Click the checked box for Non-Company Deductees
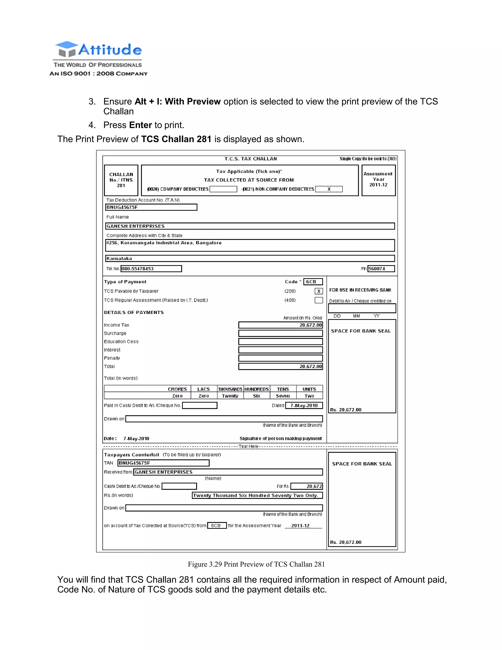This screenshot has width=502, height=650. pyautogui.click(x=329, y=189)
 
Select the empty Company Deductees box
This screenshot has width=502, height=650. pyautogui.click(x=223, y=189)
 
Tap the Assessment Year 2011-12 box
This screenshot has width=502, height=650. pyautogui.click(x=378, y=180)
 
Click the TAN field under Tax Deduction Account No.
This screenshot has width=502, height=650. pyautogui.click(x=151, y=207)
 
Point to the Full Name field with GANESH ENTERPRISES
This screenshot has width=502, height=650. pyautogui.click(x=250, y=226)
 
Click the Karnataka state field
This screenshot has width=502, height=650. pyautogui.click(x=250, y=258)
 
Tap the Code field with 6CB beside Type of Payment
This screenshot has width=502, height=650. pyautogui.click(x=313, y=282)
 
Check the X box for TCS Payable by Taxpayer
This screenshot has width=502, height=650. pyautogui.click(x=318, y=291)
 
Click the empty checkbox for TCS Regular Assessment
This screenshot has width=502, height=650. pyautogui.click(x=318, y=300)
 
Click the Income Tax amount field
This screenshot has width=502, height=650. pyautogui.click(x=280, y=325)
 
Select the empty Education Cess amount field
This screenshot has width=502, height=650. pyautogui.click(x=280, y=342)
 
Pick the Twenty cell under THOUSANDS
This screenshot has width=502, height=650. pyautogui.click(x=230, y=396)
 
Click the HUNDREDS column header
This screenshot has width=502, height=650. pyautogui.click(x=256, y=389)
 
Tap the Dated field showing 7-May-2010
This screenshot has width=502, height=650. pyautogui.click(x=304, y=405)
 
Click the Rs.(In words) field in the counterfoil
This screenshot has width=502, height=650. pyautogui.click(x=257, y=495)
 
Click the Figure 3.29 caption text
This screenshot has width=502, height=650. pyautogui.click(x=256, y=564)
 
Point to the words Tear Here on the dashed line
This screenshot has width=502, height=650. pyautogui.click(x=248, y=446)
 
